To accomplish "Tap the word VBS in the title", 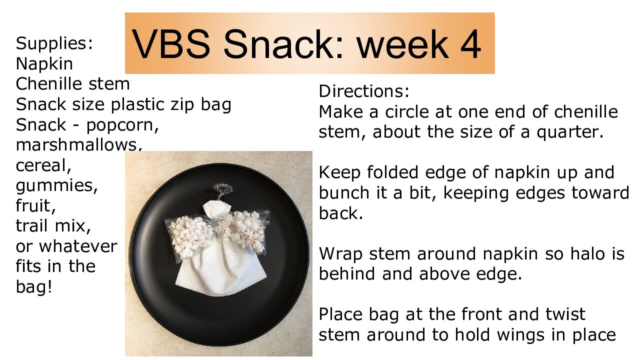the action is [170, 44].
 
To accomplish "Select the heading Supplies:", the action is [54, 43].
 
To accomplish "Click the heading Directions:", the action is [364, 91].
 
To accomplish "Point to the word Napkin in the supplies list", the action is [44, 63].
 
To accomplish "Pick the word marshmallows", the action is [79, 144].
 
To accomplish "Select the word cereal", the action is [43, 165].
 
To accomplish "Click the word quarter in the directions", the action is [570, 132].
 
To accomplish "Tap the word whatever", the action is [78, 246].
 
